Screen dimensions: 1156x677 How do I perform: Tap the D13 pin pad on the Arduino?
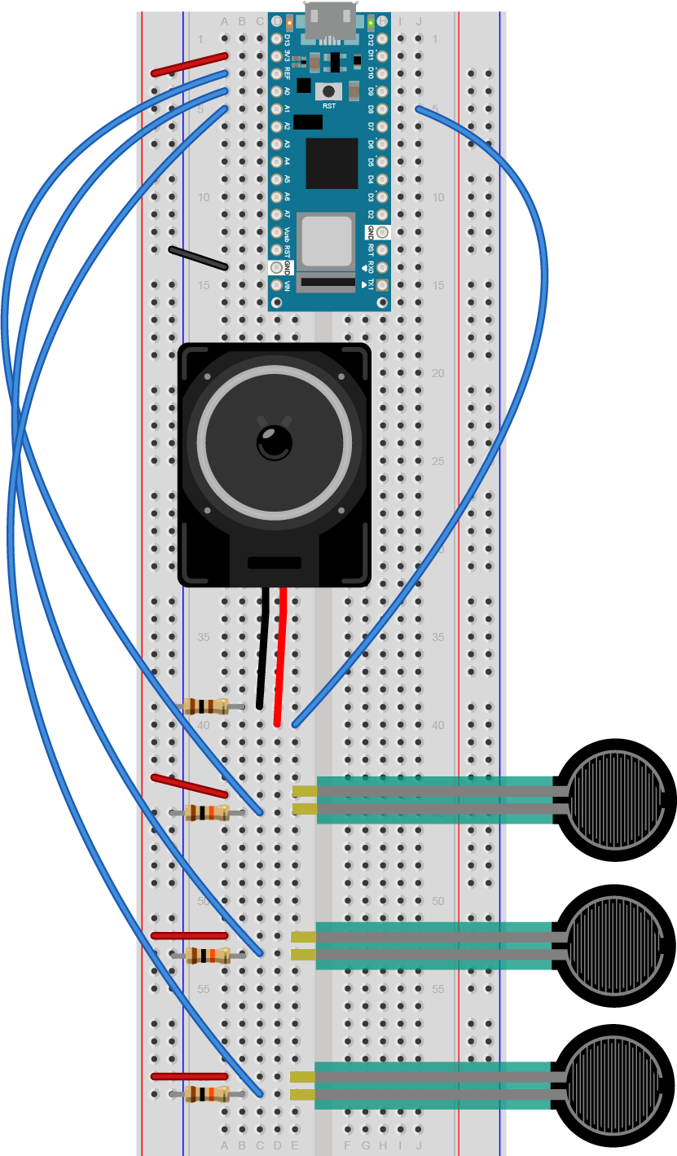pyautogui.click(x=277, y=39)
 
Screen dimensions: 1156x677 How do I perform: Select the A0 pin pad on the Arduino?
pyautogui.click(x=277, y=91)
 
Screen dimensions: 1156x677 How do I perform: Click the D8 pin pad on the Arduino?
pyautogui.click(x=382, y=108)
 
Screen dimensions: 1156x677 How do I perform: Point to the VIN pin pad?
pyautogui.click(x=277, y=285)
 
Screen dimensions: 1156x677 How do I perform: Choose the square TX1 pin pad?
pyautogui.click(x=382, y=285)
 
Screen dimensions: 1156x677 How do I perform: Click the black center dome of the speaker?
pyautogui.click(x=275, y=442)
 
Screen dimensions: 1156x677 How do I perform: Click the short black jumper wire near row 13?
pyautogui.click(x=198, y=257)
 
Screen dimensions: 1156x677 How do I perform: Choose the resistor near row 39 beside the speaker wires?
pyautogui.click(x=207, y=706)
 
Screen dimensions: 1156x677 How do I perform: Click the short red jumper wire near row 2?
pyautogui.click(x=189, y=64)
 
